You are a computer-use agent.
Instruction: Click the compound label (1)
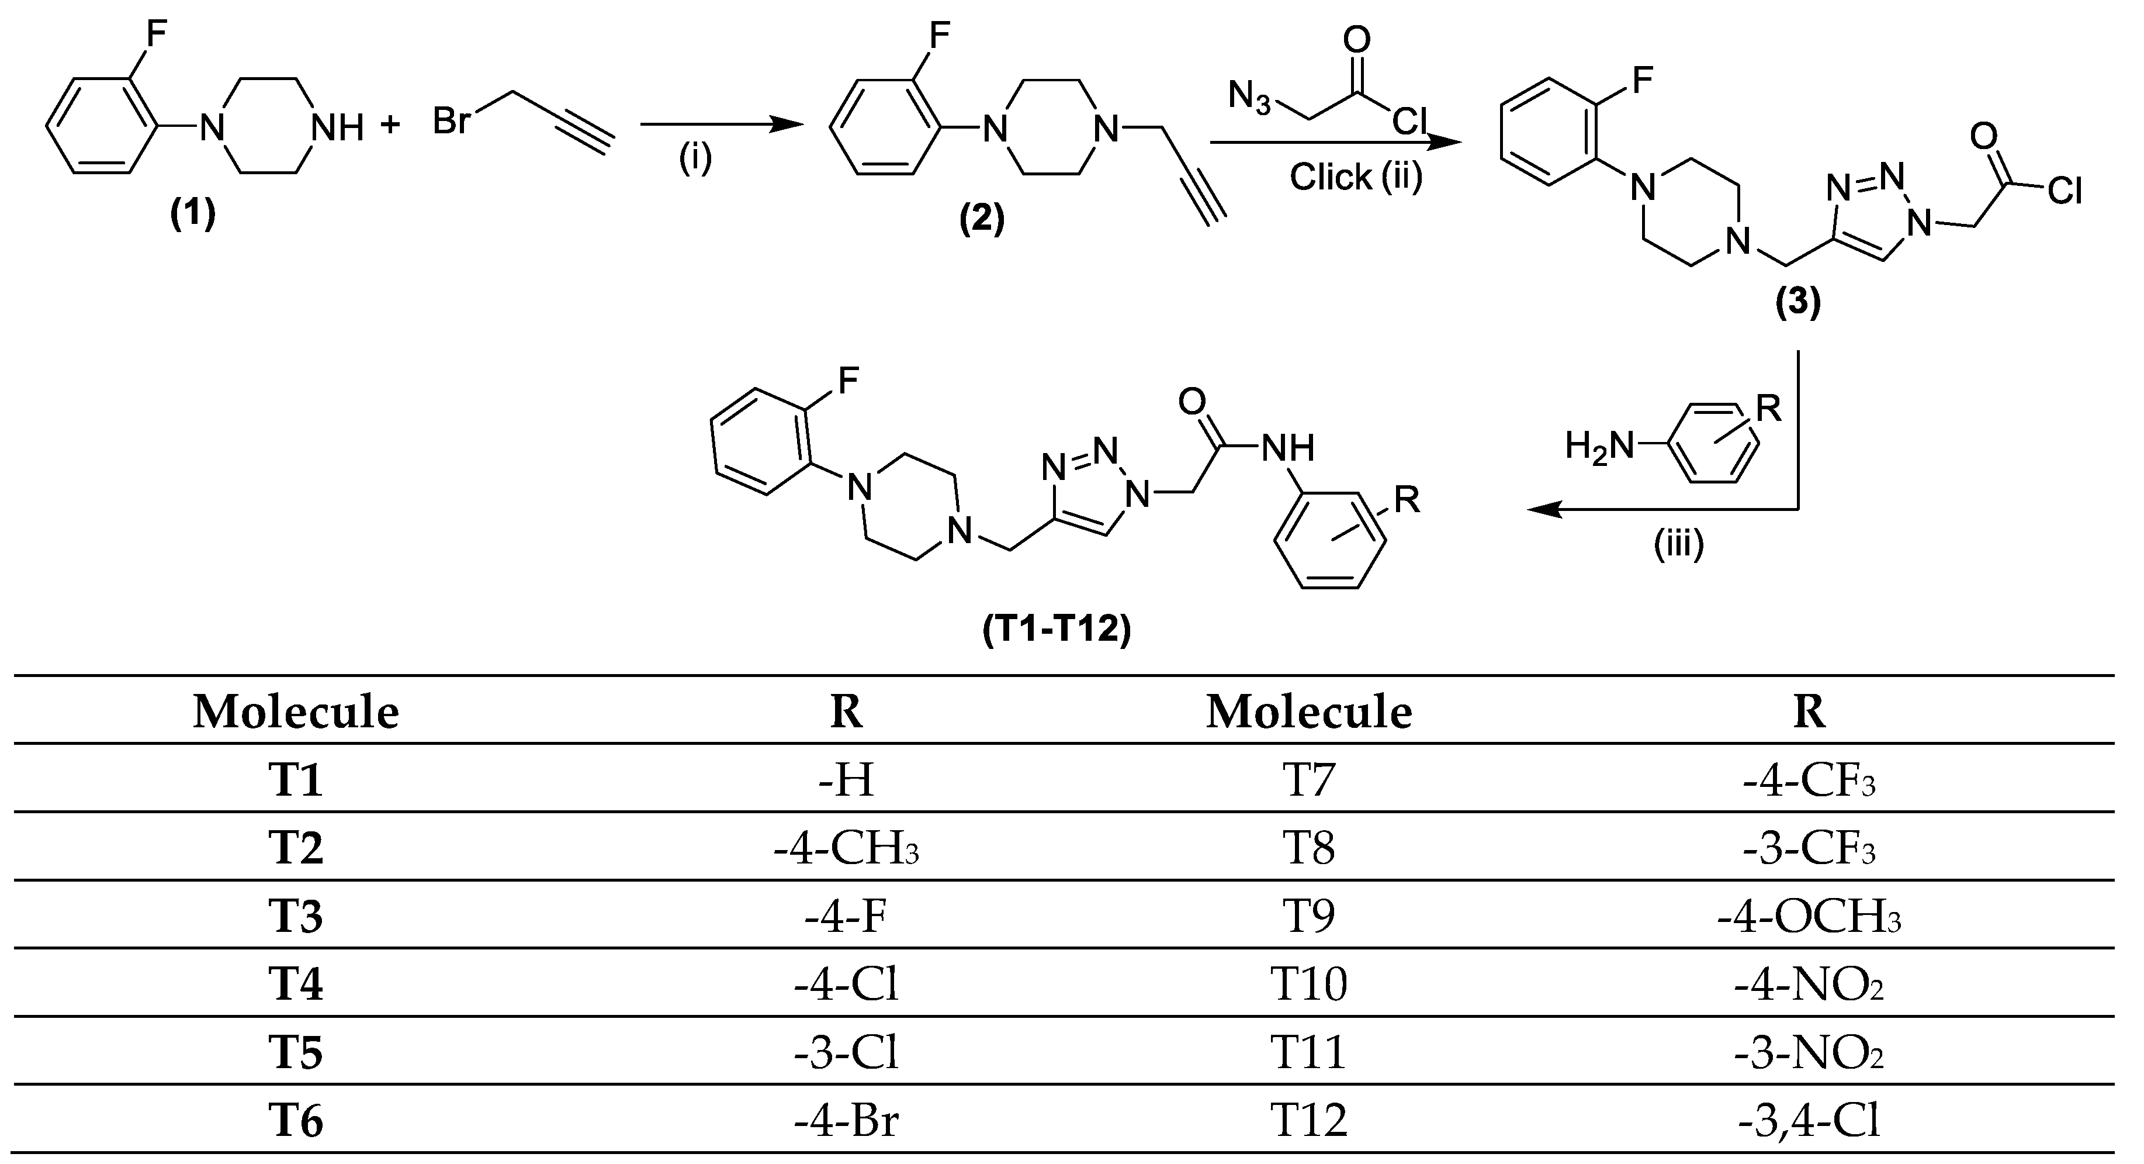tap(193, 215)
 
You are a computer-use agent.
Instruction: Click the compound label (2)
tap(982, 220)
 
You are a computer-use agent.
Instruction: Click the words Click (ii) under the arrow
tap(1356, 177)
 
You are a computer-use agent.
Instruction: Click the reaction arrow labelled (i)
tap(721, 125)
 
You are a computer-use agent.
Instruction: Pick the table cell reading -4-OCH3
tap(1809, 917)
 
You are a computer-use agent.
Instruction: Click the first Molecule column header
tap(296, 713)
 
